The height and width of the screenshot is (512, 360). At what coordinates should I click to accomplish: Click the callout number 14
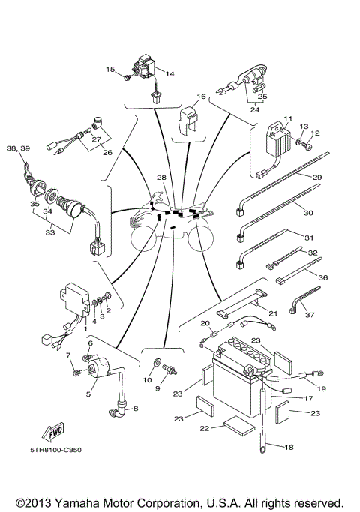[169, 73]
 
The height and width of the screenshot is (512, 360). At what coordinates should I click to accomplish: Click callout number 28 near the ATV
[160, 178]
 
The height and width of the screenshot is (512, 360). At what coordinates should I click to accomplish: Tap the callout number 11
[286, 119]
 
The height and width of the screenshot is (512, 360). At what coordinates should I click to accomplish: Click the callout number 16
[201, 97]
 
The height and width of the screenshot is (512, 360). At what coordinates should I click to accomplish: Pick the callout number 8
[136, 409]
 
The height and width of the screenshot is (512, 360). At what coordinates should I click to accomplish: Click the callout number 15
[109, 69]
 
